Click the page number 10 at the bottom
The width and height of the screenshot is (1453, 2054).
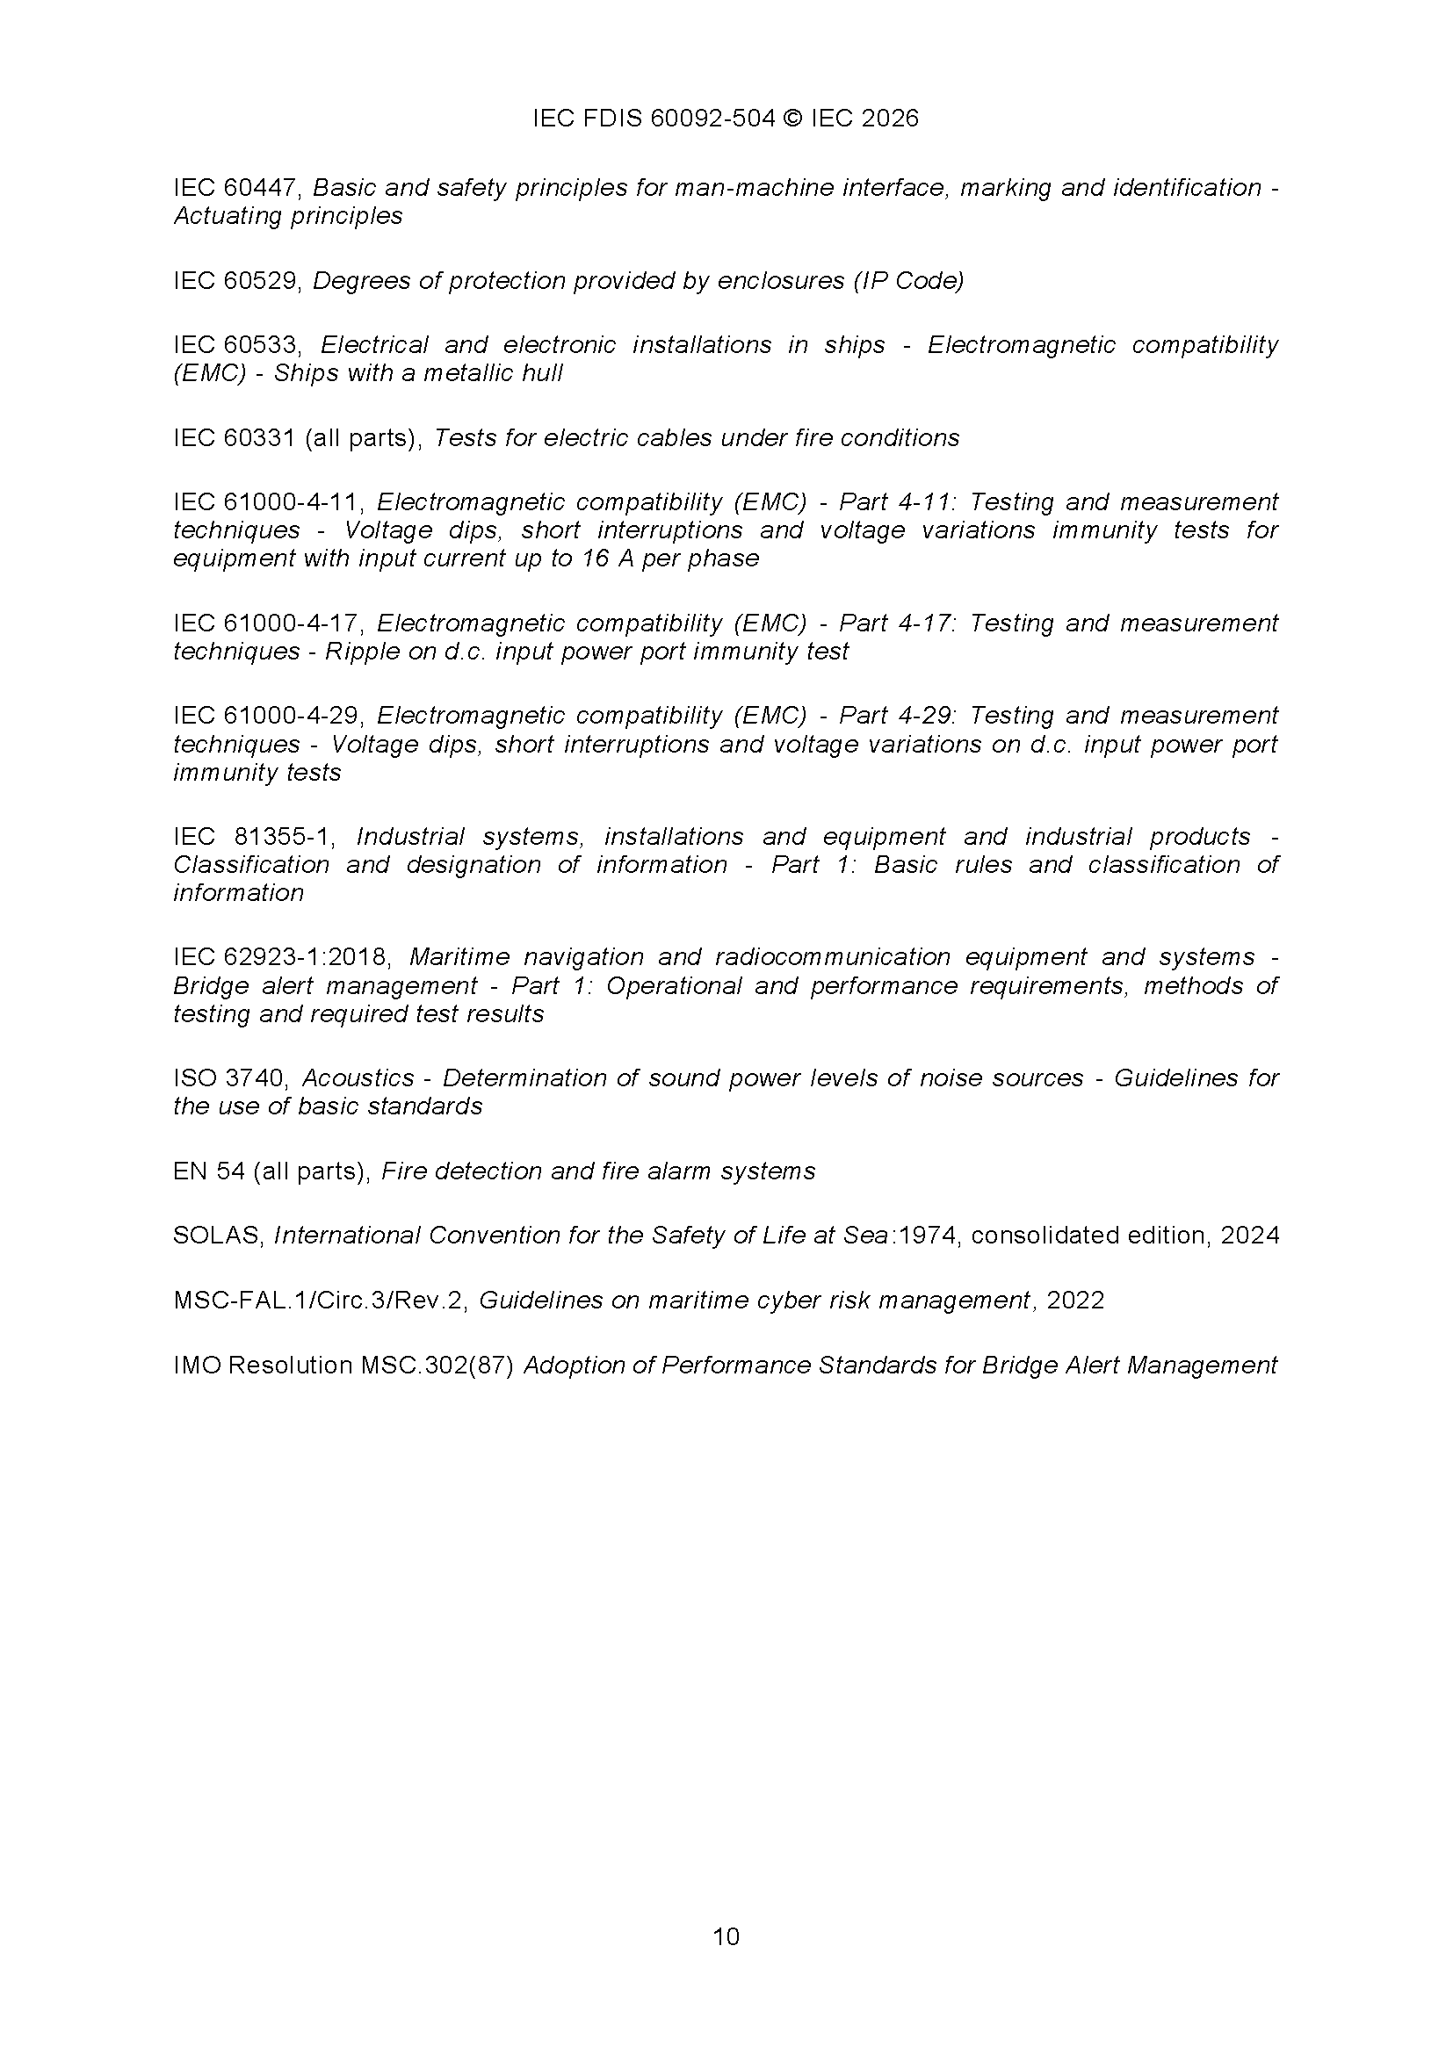pyautogui.click(x=726, y=1937)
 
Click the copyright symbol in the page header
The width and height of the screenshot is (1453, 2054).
pyautogui.click(x=792, y=119)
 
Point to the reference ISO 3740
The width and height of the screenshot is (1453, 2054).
pyautogui.click(x=233, y=1078)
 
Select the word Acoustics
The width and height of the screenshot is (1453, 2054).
pyautogui.click(x=358, y=1078)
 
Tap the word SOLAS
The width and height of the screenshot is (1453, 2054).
pyautogui.click(x=216, y=1236)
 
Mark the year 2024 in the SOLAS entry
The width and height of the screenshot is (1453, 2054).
pyautogui.click(x=1250, y=1236)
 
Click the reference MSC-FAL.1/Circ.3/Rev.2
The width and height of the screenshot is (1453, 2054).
pyautogui.click(x=321, y=1300)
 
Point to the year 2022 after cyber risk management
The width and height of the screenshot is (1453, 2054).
pyautogui.click(x=1075, y=1300)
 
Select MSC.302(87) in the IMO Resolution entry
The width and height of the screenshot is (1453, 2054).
pyautogui.click(x=437, y=1366)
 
